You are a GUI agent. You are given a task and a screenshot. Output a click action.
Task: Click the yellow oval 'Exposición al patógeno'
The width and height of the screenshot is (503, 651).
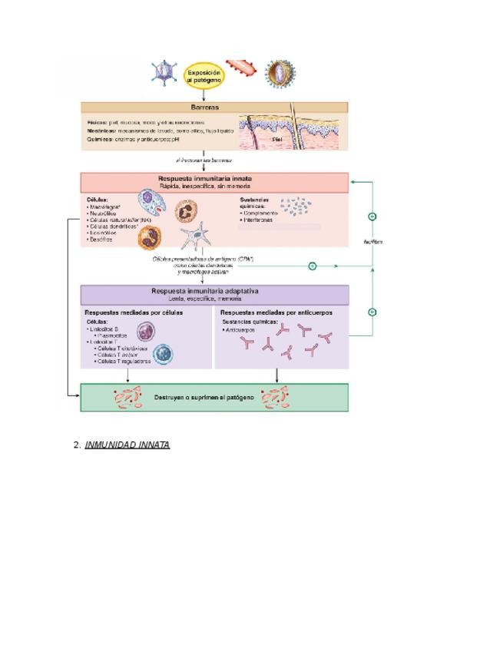tap(204, 76)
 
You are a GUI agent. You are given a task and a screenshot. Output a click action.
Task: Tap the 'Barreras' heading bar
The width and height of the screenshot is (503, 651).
tap(214, 107)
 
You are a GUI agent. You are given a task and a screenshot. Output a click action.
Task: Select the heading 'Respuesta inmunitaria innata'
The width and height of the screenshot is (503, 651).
tap(215, 178)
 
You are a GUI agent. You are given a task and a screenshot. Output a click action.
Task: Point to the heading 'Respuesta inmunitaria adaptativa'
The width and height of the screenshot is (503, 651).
tap(214, 292)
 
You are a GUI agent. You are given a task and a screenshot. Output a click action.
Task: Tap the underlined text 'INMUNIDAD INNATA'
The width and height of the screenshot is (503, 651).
tap(127, 444)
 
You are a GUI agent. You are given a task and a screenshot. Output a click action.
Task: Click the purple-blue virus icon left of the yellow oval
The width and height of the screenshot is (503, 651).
tap(164, 73)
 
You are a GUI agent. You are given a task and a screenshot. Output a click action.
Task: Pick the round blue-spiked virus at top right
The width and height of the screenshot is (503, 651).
tap(280, 74)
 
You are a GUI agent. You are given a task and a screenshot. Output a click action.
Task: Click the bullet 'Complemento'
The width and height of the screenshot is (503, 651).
tap(260, 213)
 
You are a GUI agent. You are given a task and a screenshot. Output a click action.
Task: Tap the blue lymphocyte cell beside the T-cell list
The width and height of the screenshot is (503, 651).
tap(163, 354)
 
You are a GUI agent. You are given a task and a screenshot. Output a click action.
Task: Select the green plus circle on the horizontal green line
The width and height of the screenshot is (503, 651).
tap(313, 266)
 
